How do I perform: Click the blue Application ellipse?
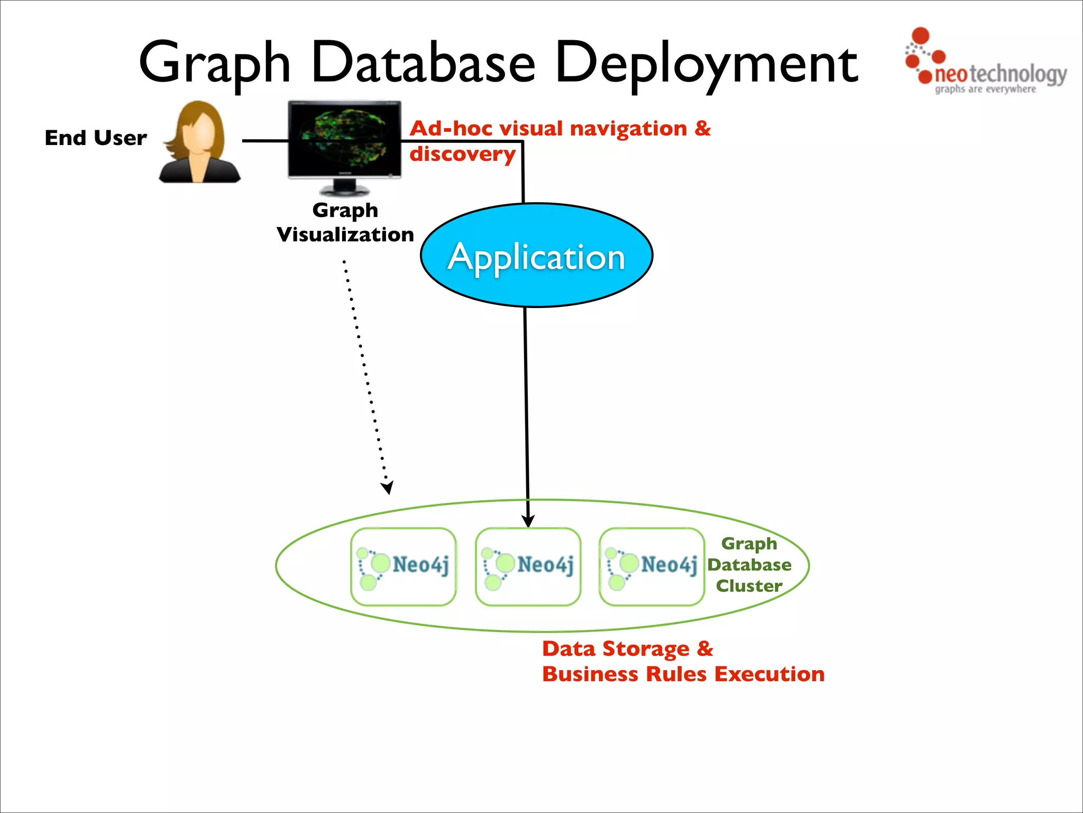coord(536,256)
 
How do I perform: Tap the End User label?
coord(96,138)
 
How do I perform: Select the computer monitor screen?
coord(344,139)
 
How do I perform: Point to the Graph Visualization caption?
coord(345,222)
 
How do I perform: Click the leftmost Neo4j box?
coord(403,566)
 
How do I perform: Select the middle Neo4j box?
coord(528,566)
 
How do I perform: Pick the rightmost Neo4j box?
coord(651,566)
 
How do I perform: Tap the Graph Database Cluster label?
coord(749,565)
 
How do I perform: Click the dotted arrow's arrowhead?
coord(388,487)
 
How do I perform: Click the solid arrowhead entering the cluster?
coord(528,521)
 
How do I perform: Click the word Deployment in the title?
coord(706,64)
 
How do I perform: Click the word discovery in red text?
coord(462,154)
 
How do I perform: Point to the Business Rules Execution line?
coord(683,674)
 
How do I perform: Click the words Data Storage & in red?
coord(627,649)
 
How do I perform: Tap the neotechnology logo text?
coord(999,74)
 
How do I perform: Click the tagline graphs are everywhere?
coord(985,89)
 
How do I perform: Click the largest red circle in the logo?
coord(921,35)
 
